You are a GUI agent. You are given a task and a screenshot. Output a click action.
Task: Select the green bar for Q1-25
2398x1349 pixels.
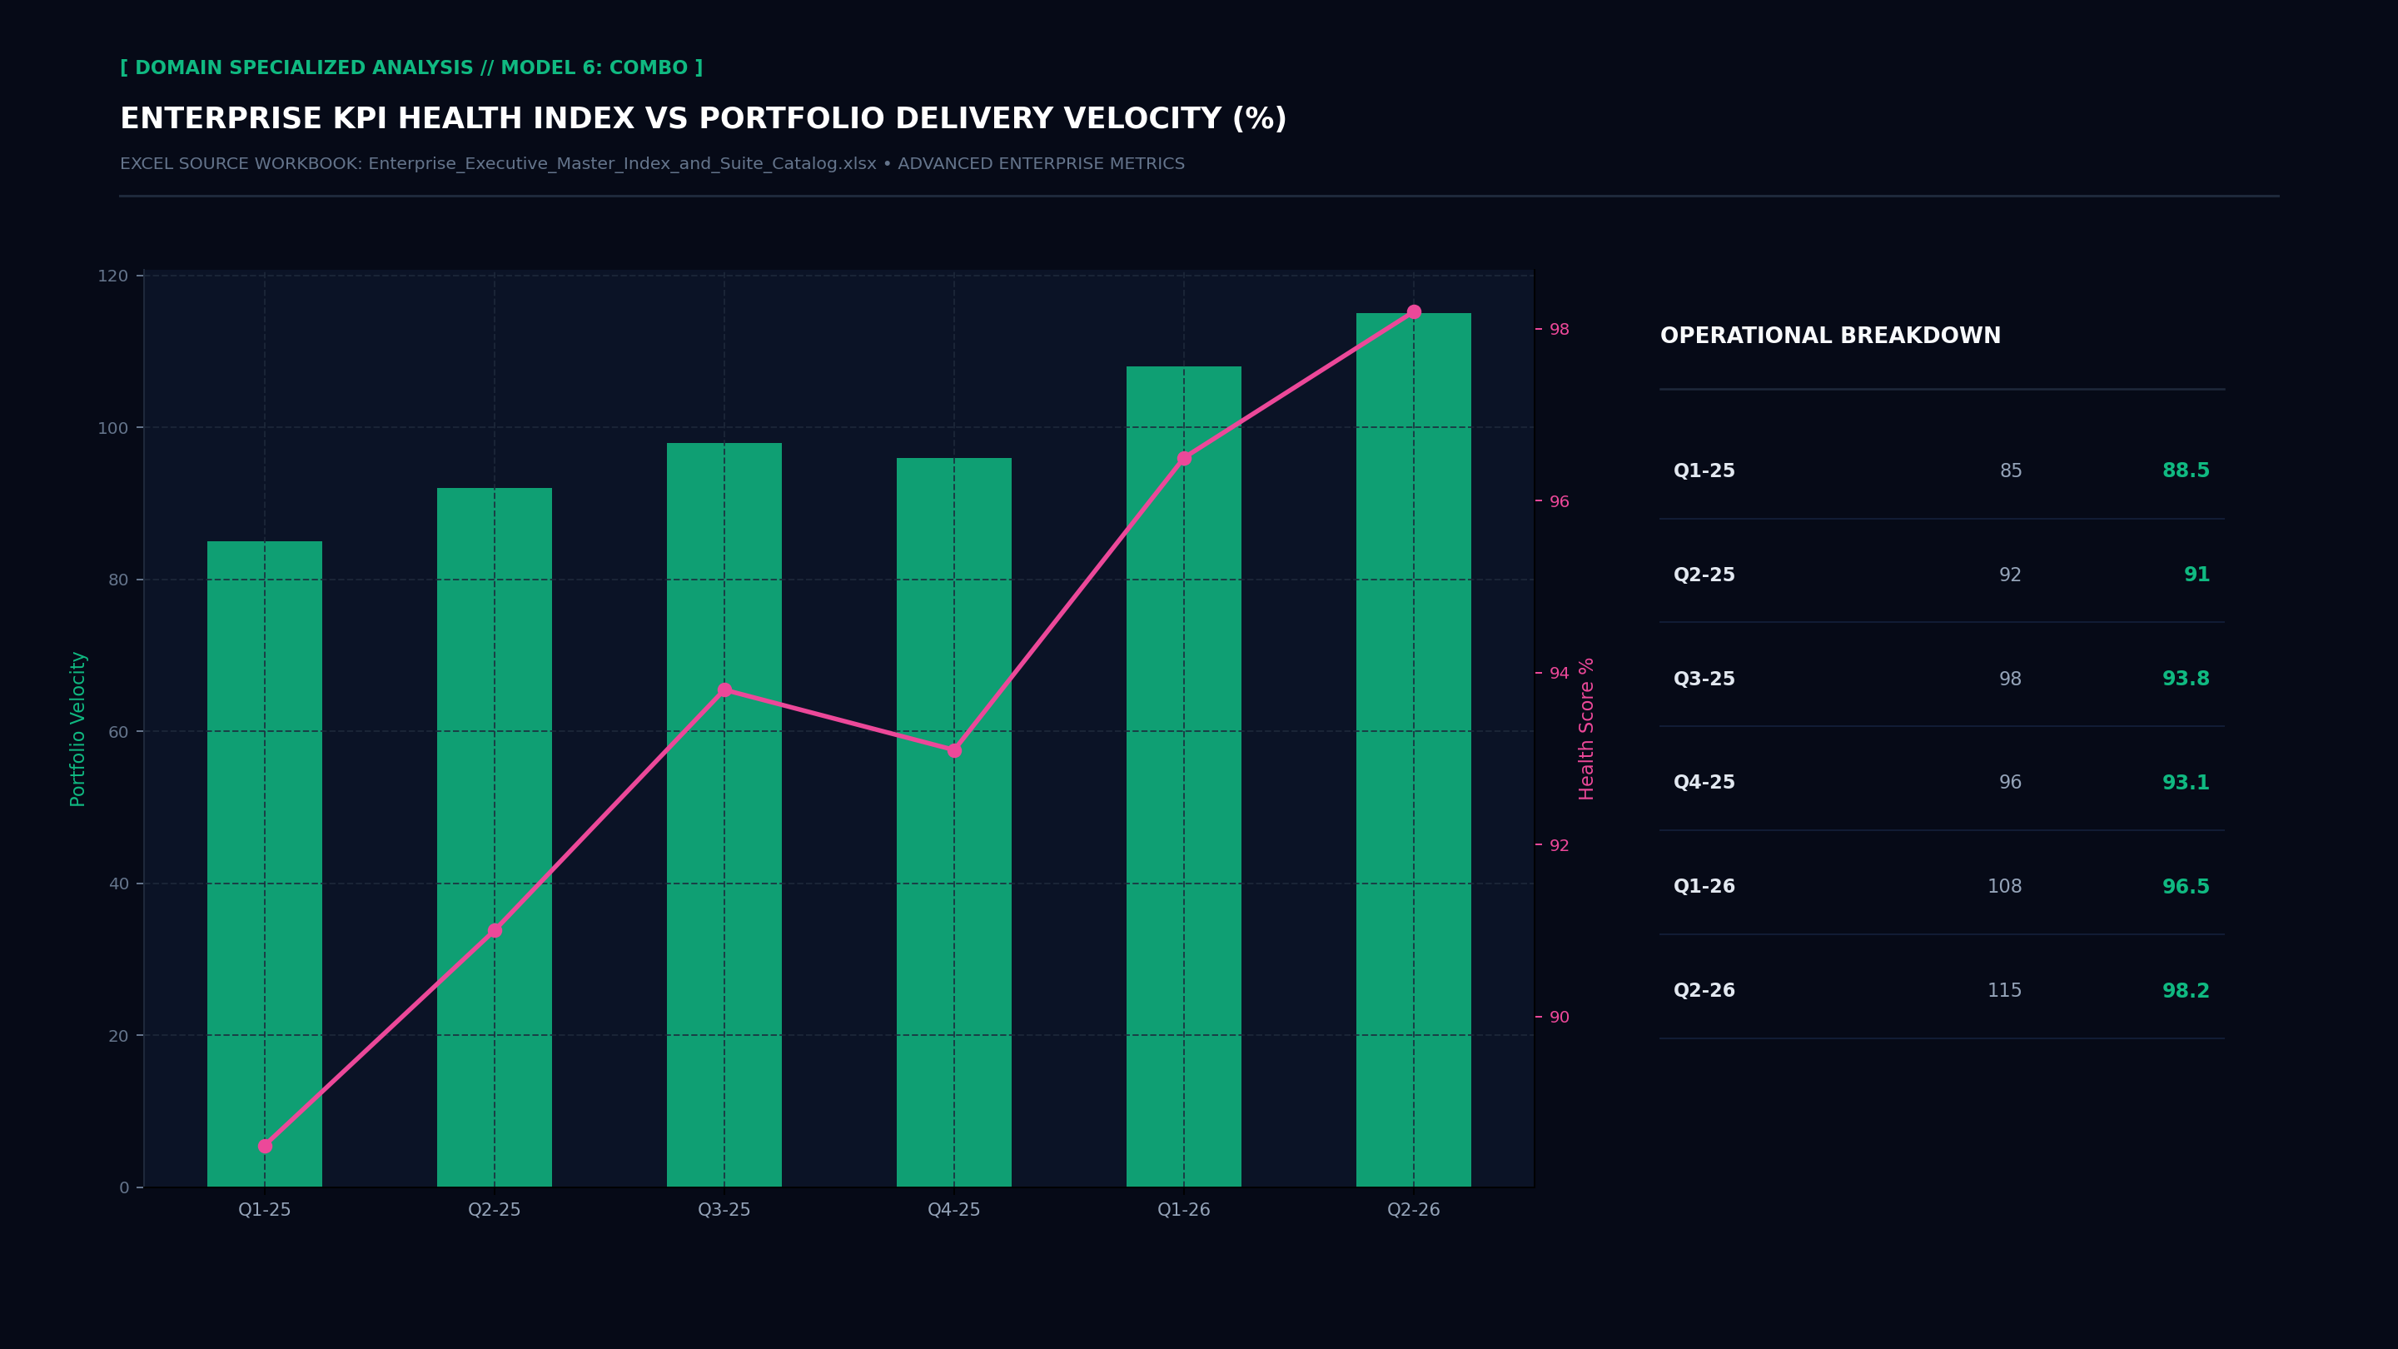click(265, 864)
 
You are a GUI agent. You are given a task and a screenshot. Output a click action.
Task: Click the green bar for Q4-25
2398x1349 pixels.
click(954, 822)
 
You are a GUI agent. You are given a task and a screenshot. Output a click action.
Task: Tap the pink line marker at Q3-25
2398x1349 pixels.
click(724, 689)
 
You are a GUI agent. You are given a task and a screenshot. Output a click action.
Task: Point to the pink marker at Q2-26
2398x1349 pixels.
click(1414, 312)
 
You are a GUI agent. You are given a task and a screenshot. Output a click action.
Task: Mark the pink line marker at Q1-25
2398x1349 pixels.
click(265, 1146)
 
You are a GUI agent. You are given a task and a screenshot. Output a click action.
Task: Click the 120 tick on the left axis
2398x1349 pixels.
click(112, 276)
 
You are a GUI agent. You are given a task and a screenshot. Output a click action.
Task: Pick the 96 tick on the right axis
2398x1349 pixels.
click(1559, 502)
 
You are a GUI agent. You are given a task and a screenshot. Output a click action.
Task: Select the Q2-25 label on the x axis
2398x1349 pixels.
click(495, 1209)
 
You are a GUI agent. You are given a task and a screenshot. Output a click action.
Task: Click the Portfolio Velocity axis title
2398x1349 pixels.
click(78, 729)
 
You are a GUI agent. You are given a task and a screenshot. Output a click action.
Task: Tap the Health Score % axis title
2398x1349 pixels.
click(1586, 729)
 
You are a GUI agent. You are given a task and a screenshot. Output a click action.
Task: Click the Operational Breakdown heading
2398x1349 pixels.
click(1830, 336)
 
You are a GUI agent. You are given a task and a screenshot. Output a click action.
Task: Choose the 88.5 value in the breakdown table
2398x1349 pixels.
click(2185, 471)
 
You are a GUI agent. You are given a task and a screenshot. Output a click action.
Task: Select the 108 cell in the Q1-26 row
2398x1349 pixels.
click(2004, 886)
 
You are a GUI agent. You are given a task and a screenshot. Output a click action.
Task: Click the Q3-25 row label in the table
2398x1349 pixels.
click(1704, 679)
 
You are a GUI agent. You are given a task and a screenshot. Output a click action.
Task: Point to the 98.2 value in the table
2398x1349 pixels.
click(2185, 991)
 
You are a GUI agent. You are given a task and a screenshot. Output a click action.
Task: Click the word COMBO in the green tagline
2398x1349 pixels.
click(648, 68)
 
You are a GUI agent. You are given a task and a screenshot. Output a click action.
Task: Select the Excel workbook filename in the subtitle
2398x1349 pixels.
click(622, 164)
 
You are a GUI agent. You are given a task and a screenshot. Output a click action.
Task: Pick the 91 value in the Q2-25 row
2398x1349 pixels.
click(2196, 575)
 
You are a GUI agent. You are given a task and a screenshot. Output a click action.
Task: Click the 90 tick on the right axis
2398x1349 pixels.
click(1559, 1018)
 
